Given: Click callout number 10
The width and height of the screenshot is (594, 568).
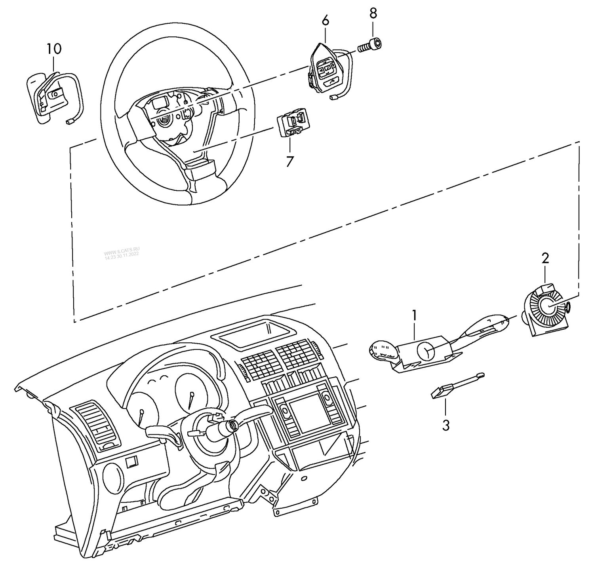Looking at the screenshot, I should click(54, 49).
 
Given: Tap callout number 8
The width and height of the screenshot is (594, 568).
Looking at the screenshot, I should click(373, 13).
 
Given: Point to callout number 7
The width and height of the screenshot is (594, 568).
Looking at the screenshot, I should click(290, 161).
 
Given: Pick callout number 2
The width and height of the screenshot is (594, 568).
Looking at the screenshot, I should click(545, 258).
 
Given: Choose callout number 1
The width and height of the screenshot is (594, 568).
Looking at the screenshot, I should click(414, 315).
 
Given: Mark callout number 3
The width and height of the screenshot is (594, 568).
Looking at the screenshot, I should click(446, 426).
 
